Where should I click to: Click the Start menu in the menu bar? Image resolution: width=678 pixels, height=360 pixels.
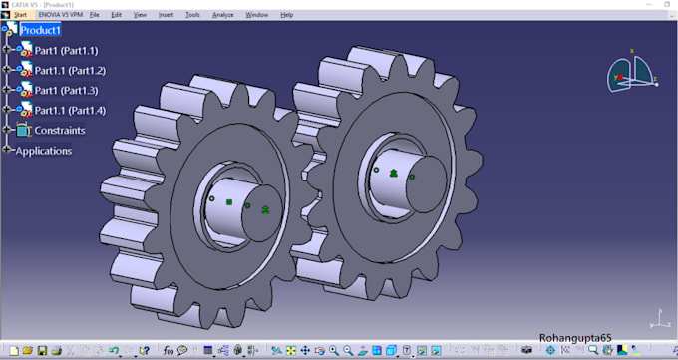click(x=20, y=15)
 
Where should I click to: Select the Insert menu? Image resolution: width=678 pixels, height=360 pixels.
click(x=166, y=15)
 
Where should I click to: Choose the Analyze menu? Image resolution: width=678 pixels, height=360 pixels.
click(x=222, y=15)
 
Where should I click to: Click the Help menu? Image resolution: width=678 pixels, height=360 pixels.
click(x=286, y=15)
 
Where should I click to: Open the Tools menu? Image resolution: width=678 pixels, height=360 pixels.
click(x=192, y=15)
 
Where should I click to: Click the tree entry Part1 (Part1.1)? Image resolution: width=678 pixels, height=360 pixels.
click(x=66, y=51)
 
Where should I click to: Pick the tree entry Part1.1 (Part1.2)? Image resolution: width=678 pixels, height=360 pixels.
click(x=70, y=71)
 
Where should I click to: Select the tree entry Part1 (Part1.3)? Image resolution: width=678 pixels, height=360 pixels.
click(x=66, y=91)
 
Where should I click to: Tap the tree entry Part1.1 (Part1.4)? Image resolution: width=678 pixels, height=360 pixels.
click(x=70, y=111)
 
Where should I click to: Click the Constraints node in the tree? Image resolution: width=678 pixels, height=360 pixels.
click(x=60, y=131)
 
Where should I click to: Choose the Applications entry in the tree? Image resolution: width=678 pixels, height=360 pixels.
click(x=44, y=151)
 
